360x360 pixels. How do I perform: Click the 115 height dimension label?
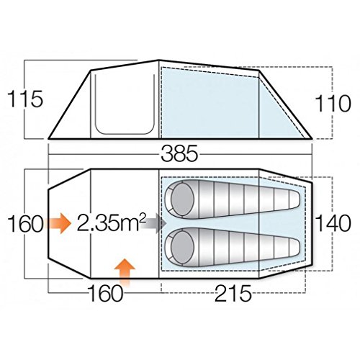pyautogui.click(x=25, y=99)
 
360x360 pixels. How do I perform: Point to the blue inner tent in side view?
pyautogui.click(x=216, y=101)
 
